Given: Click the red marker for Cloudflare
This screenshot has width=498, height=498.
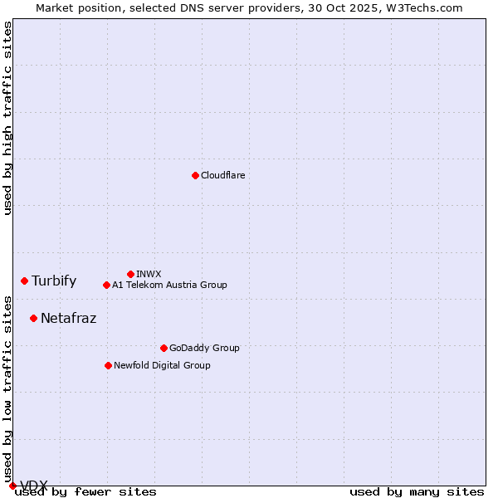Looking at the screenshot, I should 195,175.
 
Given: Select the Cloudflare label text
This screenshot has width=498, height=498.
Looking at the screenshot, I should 222,176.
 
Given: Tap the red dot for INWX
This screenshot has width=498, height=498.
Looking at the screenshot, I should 130,274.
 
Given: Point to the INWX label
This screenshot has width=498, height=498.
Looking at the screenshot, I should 149,275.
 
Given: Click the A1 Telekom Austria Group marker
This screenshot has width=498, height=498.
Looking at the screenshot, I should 106,285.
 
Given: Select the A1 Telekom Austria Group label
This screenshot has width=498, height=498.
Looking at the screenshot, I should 169,286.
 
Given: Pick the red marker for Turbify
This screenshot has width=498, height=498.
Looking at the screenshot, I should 24,281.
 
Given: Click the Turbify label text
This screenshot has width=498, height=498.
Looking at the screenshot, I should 54,281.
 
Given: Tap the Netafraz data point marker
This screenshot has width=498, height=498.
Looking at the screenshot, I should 33,318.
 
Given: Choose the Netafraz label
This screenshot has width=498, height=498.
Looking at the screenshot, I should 68,318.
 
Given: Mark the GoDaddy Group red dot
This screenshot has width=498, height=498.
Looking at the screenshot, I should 164,348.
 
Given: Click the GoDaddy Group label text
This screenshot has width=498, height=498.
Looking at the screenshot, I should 203,349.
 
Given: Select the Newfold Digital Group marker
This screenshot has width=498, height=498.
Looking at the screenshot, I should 108,365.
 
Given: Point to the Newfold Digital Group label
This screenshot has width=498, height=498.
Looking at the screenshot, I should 162,366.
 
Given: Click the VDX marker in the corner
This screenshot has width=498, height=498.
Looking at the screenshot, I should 12,486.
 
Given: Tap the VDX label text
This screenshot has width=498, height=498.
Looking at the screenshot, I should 33,486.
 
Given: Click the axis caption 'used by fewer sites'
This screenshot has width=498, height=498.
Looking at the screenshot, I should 85,492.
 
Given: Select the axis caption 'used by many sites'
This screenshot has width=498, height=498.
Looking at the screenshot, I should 417,492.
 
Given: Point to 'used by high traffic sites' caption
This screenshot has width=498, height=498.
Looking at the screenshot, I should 7,118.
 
